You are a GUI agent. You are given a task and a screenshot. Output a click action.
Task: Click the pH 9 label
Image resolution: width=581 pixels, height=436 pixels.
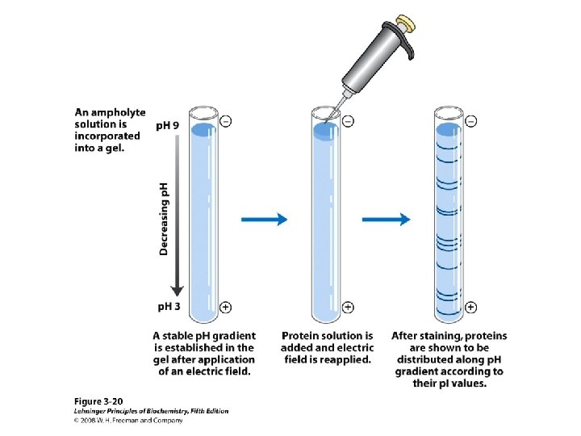pos(168,126)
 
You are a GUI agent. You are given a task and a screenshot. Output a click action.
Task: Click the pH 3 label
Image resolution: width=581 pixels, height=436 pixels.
pos(168,308)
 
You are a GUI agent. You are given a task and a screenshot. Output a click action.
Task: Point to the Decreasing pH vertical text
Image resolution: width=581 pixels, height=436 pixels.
pos(164,217)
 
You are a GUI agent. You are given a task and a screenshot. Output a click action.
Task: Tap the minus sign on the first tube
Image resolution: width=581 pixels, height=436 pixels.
pos(225,121)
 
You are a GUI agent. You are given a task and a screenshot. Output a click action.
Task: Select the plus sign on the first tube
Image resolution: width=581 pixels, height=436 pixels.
pos(225,308)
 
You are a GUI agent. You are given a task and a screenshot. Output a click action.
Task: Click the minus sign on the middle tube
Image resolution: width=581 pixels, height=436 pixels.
pos(348,121)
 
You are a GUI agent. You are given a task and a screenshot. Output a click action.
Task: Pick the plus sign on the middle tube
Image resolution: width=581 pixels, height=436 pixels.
pos(348,308)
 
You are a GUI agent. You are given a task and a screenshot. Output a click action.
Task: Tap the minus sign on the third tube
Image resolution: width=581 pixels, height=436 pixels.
pos(470,121)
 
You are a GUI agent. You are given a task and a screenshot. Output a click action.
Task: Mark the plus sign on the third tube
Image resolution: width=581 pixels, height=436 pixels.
pos(470,308)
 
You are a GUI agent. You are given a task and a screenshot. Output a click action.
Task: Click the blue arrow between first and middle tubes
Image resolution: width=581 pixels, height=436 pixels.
pos(265,218)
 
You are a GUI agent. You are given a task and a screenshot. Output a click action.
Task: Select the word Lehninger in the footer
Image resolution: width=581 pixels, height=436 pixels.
pos(90,411)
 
